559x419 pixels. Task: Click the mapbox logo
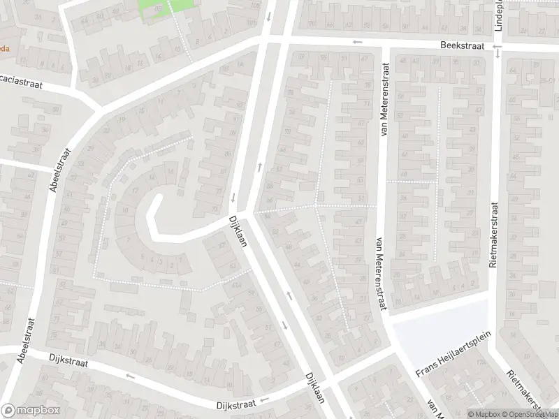coord(30,411)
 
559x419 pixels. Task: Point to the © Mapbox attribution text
coord(484,413)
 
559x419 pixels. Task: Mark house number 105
coord(253,6)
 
